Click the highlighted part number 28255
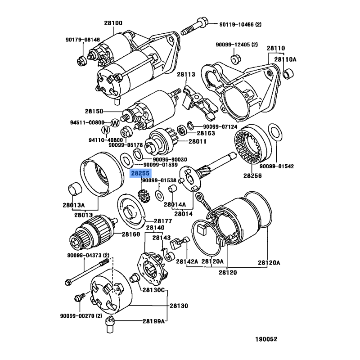coord(140,173)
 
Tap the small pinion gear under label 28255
coord(144,196)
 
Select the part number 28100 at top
coord(113,23)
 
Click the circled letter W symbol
coord(115,123)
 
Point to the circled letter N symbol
coord(106,130)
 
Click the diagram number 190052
coord(266,339)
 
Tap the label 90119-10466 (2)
coord(240,24)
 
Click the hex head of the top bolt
coord(203,22)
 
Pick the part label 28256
coord(252,175)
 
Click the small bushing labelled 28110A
coord(288,74)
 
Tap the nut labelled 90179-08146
coord(81,61)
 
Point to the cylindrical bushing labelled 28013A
coord(75,189)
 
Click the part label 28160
coord(131,234)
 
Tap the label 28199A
coord(153,321)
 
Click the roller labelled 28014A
coord(172,189)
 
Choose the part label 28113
coord(186,74)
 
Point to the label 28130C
coord(153,290)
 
